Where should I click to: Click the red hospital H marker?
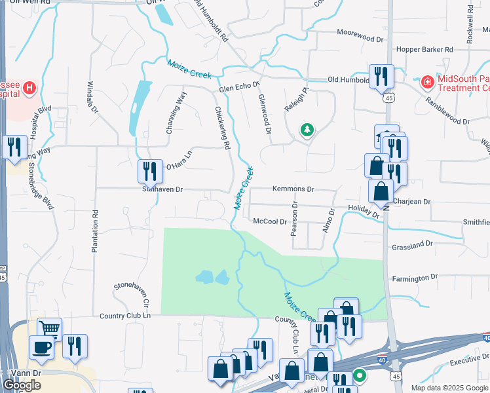[29, 87]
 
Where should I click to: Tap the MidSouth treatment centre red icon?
[427, 83]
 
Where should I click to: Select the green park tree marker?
[306, 130]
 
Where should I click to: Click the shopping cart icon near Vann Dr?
[48, 328]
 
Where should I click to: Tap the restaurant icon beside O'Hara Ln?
[150, 171]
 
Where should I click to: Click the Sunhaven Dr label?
[162, 189]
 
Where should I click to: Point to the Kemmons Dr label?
[293, 189]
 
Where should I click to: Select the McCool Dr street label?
[270, 221]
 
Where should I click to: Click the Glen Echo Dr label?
[240, 86]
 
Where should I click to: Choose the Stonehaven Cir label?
[132, 295]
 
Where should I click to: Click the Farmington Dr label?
[415, 278]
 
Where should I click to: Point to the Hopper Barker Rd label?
[424, 49]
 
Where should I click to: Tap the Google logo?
[22, 385]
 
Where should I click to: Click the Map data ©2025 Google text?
[449, 388]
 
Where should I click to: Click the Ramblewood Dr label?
[447, 111]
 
